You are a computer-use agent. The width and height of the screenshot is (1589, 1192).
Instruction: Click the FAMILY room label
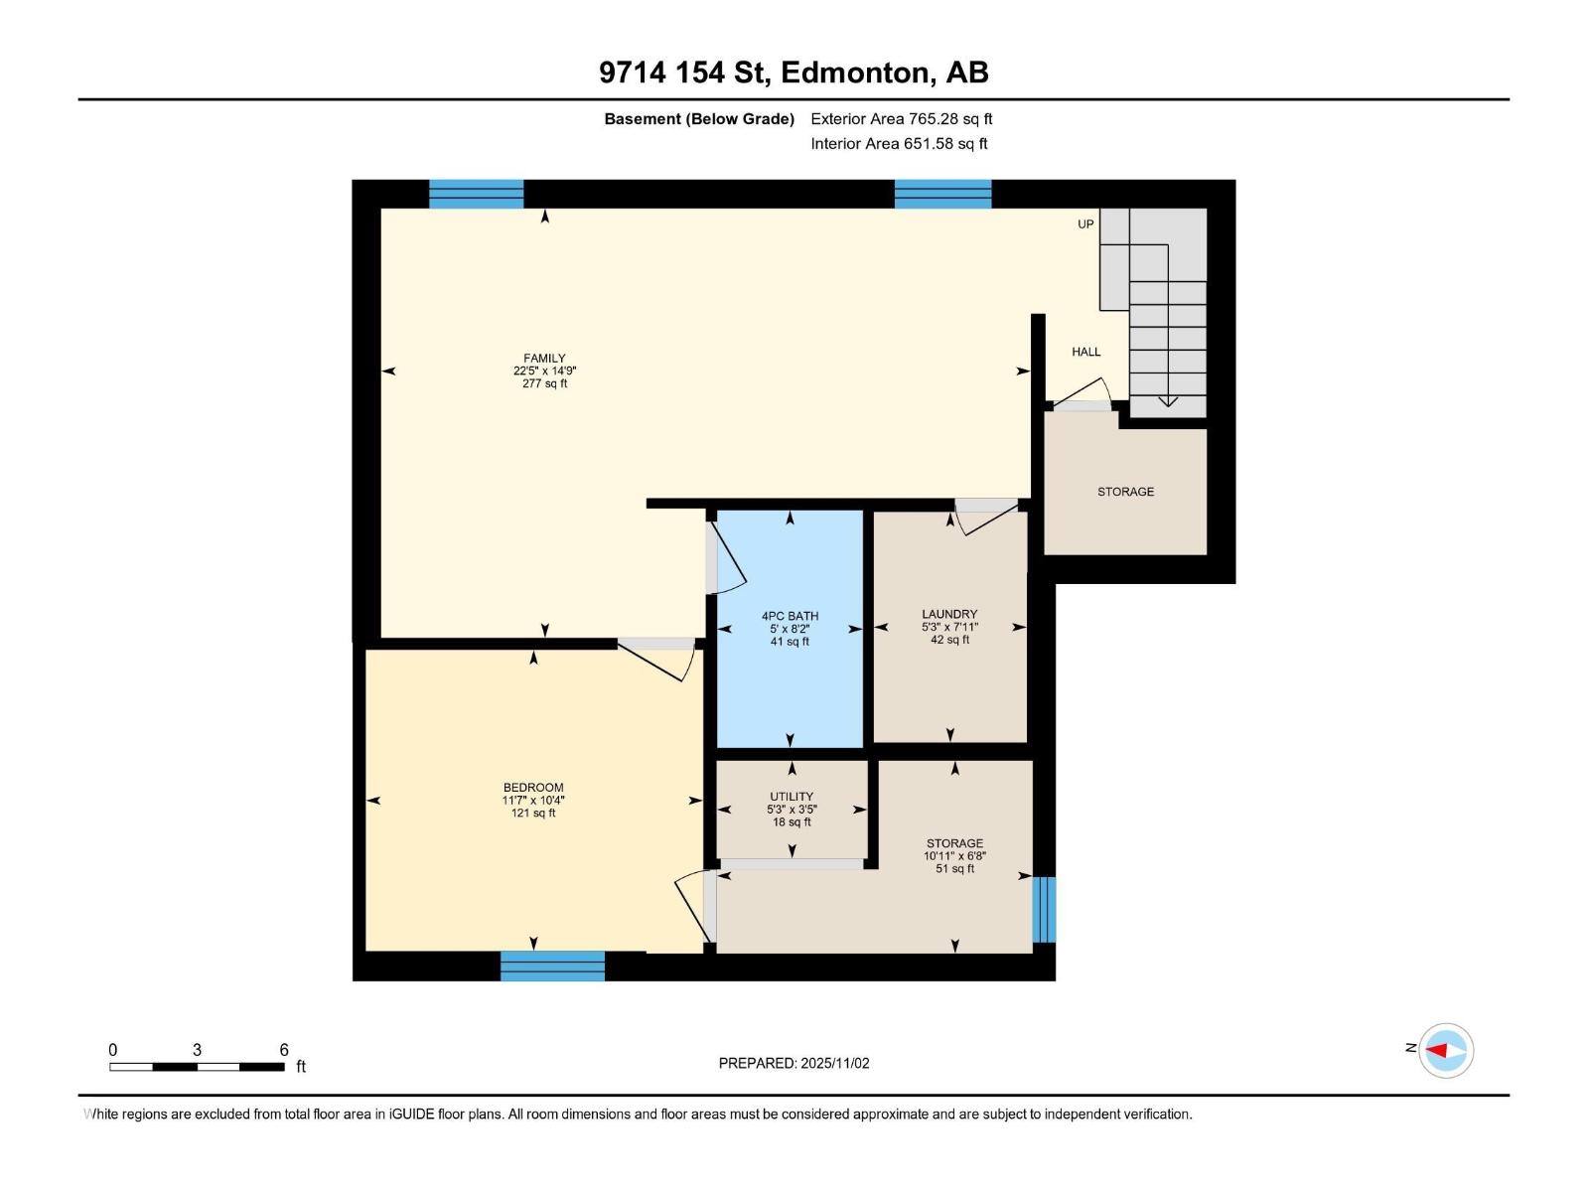point(544,359)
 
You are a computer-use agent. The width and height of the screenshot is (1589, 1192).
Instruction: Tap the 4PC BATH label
point(790,616)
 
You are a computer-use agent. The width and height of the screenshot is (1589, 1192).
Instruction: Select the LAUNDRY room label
point(949,614)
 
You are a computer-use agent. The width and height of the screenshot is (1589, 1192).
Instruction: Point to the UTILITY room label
point(792,797)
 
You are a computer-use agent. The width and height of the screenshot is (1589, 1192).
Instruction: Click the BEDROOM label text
point(533,788)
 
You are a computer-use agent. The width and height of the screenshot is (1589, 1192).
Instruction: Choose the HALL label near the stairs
point(1085,352)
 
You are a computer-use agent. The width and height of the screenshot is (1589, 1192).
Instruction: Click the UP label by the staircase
point(1085,224)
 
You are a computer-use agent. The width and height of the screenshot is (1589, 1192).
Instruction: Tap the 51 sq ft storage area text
point(954,869)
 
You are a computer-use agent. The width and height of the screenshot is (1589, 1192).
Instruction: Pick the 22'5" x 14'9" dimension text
point(544,372)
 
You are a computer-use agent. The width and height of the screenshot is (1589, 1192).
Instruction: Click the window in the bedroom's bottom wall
point(552,966)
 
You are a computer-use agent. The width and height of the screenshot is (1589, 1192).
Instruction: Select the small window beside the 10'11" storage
point(1043,909)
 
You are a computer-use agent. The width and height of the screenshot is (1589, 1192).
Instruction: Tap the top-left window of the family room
point(476,194)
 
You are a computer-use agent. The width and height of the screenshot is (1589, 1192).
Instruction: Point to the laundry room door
point(985,515)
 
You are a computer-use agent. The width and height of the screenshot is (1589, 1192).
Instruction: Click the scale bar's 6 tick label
point(284,1050)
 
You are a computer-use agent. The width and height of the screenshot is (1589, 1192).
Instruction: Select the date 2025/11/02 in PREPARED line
point(834,1063)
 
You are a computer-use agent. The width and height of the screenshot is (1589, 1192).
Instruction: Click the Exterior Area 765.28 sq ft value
point(950,119)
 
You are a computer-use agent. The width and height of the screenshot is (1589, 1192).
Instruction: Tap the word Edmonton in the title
point(856,73)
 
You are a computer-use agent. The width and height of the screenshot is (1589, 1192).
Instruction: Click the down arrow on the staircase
point(1168,399)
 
